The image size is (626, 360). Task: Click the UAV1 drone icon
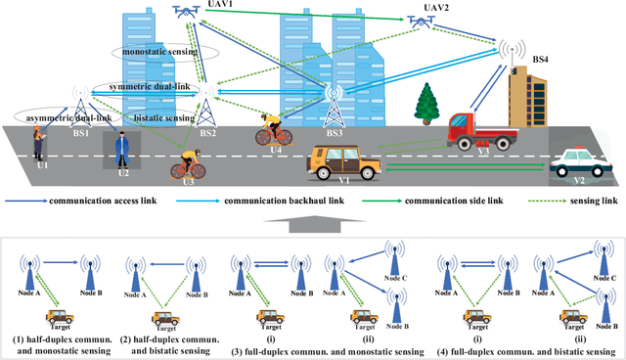tap(183, 12)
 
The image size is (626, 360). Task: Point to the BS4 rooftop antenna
tap(506, 54)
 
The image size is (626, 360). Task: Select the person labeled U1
tap(39, 145)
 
